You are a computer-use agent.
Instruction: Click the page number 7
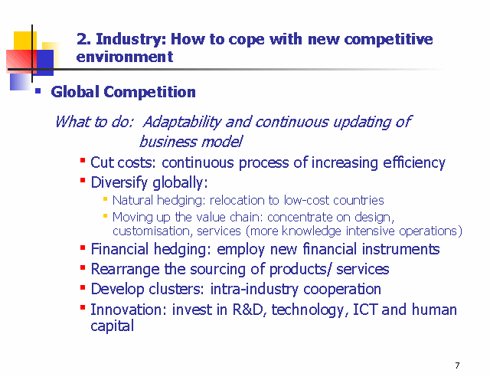pos(457,366)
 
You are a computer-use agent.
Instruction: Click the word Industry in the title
pos(131,40)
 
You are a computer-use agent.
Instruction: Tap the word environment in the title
pos(124,57)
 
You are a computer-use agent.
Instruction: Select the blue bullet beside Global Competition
pos(38,91)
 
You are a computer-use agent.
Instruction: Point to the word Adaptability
pos(181,123)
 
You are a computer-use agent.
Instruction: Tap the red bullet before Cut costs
pos(83,160)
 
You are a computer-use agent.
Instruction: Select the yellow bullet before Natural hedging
pos(106,198)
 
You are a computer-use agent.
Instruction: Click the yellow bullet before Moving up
pos(106,215)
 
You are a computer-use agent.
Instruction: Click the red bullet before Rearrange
pos(83,267)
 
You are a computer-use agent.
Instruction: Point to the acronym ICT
pos(366,310)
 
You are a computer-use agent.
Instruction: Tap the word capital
pos(113,326)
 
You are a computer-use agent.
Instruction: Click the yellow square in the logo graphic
pos(25,41)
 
